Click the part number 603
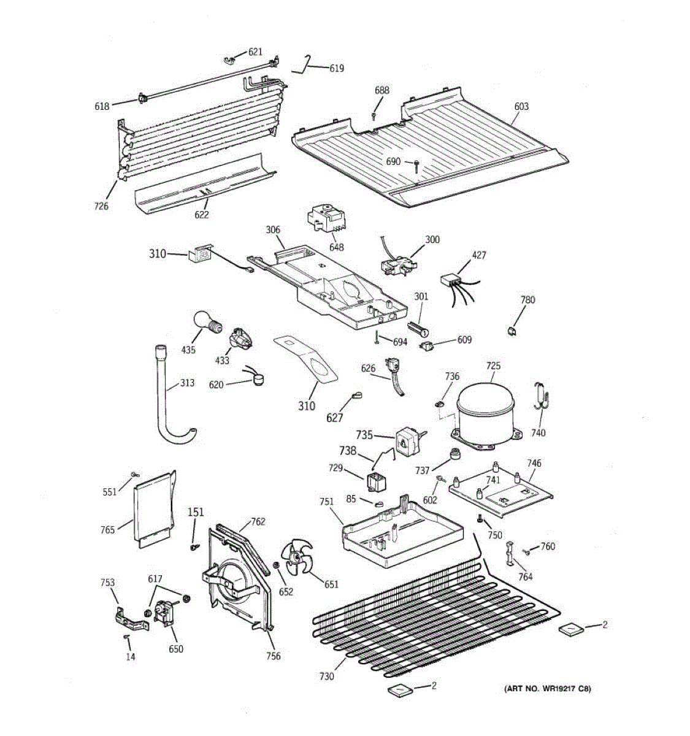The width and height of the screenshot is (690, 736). click(521, 106)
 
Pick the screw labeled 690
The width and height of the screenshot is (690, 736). click(416, 163)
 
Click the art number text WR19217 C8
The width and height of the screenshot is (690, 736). click(547, 689)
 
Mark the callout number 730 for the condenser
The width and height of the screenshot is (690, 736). click(327, 676)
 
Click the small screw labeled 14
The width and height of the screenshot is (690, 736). click(127, 638)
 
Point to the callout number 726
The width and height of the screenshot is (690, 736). click(101, 206)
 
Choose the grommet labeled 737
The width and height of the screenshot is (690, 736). click(456, 454)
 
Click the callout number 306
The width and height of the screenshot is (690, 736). click(273, 230)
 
